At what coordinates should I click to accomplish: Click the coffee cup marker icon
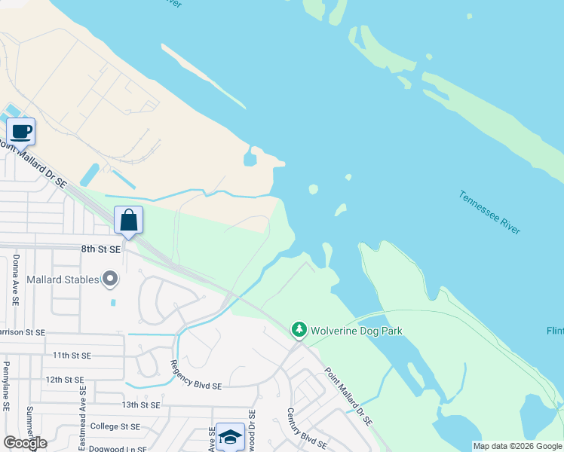(21, 132)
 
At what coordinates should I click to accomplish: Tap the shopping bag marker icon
(129, 221)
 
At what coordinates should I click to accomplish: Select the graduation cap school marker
(229, 437)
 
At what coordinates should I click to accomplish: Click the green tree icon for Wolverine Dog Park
(299, 330)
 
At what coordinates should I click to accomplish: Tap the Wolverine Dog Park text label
(357, 331)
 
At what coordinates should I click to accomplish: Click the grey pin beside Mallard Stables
(111, 279)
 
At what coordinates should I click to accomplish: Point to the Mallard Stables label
(63, 279)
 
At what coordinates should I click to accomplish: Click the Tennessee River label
(489, 212)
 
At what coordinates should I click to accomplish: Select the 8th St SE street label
(101, 248)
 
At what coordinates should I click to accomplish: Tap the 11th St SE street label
(72, 355)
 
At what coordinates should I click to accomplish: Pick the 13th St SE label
(141, 405)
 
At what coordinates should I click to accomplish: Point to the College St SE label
(115, 426)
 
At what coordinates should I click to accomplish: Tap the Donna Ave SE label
(16, 279)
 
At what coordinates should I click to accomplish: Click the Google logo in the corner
(26, 443)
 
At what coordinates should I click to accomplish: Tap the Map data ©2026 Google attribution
(517, 446)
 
